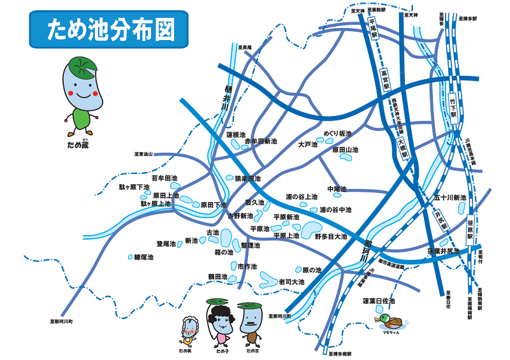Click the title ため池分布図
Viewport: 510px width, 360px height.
coord(110,30)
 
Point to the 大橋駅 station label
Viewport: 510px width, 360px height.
coord(402,150)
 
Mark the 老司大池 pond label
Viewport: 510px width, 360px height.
coord(292,282)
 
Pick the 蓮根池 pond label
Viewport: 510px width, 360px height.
coord(236,135)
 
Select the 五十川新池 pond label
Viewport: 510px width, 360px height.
coord(450,198)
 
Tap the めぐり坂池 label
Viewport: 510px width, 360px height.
coord(337,133)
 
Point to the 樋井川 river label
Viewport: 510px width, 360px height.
coord(227,99)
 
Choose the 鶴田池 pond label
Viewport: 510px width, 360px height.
coord(217,277)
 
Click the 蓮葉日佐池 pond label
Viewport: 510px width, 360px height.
coord(379,301)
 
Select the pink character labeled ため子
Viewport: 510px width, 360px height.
coord(221,323)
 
